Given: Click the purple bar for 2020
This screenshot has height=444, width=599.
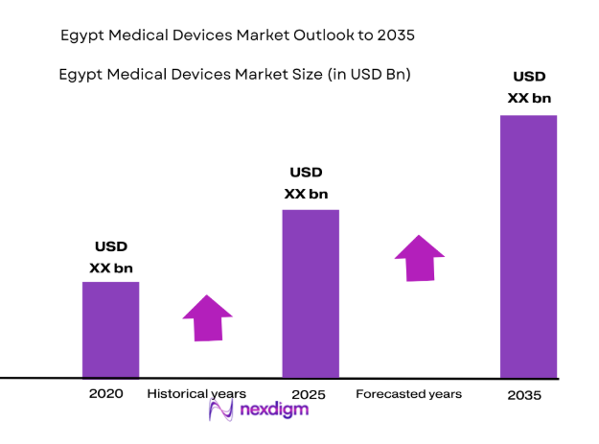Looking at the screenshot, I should point(110,329).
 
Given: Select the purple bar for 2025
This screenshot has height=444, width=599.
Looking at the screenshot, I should point(310,292).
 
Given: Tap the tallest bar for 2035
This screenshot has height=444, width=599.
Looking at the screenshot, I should point(528,245).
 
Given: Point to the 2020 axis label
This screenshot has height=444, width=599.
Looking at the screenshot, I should point(106,394).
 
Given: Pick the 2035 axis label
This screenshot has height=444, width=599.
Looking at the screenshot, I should point(525,395).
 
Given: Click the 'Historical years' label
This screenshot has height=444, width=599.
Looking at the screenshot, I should point(196,394).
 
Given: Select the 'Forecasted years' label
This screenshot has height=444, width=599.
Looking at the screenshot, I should point(408,394).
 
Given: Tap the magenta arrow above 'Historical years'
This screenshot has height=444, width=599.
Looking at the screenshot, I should point(207,317).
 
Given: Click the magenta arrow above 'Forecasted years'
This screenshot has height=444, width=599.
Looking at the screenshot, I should point(419,257).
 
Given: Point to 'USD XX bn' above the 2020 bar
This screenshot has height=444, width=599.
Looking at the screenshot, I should point(111,258).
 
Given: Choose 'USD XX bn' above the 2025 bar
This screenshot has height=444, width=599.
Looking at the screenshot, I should point(306,183).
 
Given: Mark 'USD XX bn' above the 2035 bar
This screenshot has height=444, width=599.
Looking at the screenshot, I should point(529,87).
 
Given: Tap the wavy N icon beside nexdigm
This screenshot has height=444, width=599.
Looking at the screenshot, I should point(221,411).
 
